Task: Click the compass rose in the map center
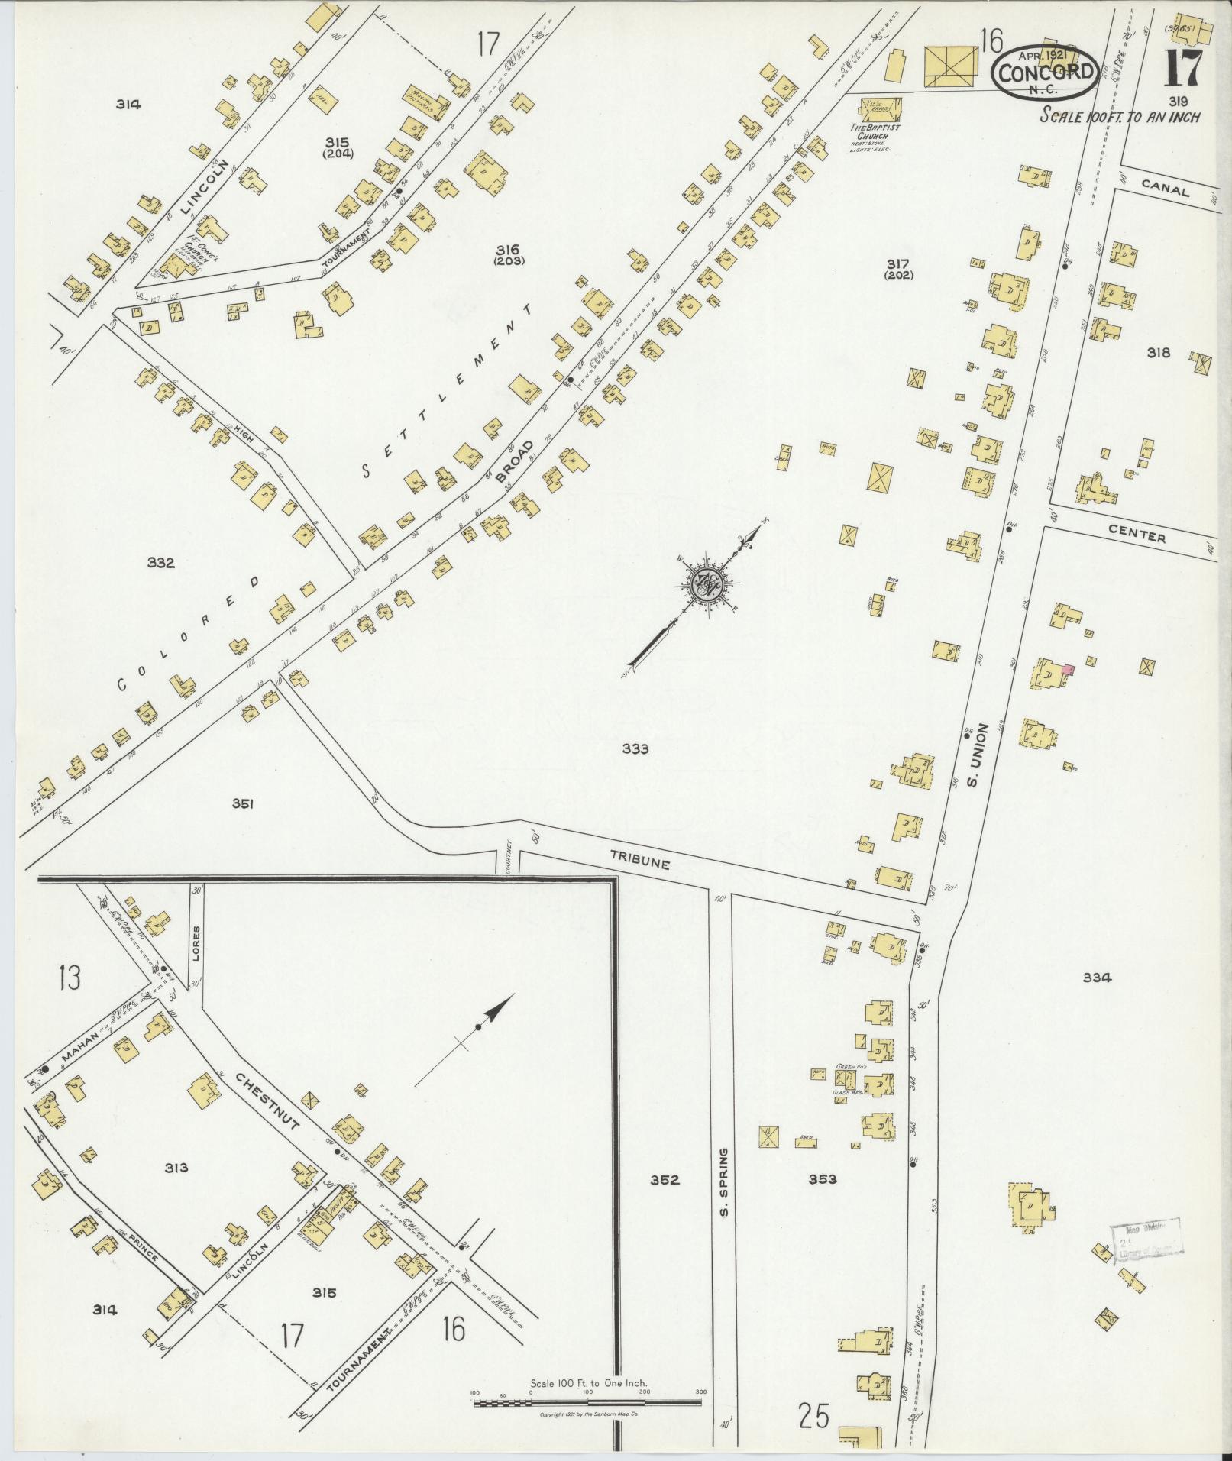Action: [x=704, y=583]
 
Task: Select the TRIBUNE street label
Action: [x=640, y=861]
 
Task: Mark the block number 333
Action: [x=635, y=749]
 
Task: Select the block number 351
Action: [x=243, y=803]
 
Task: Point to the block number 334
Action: [x=1097, y=978]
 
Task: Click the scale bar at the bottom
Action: [x=587, y=1403]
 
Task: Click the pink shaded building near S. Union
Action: [x=1069, y=670]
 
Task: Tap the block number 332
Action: [x=161, y=563]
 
